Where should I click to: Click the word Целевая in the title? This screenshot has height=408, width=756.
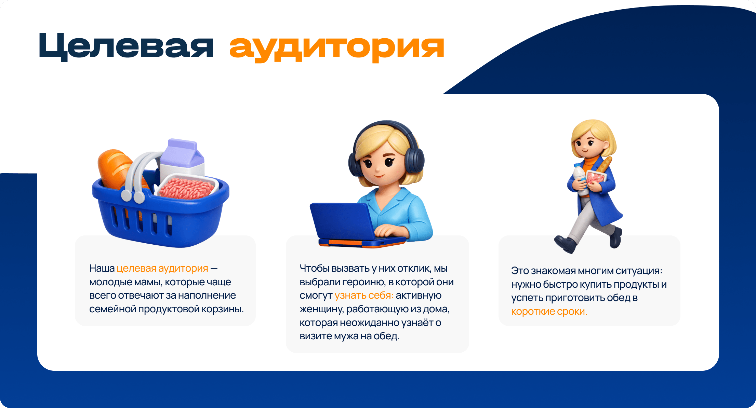(126, 46)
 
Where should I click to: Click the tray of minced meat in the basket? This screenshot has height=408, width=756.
(187, 188)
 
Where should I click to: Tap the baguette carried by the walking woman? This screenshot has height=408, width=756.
(604, 165)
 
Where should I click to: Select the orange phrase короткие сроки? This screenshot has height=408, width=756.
(549, 312)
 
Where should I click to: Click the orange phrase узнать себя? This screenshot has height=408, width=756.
(364, 296)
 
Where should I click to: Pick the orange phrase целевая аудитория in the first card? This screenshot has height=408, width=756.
(162, 269)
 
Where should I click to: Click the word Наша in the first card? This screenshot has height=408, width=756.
(102, 269)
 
